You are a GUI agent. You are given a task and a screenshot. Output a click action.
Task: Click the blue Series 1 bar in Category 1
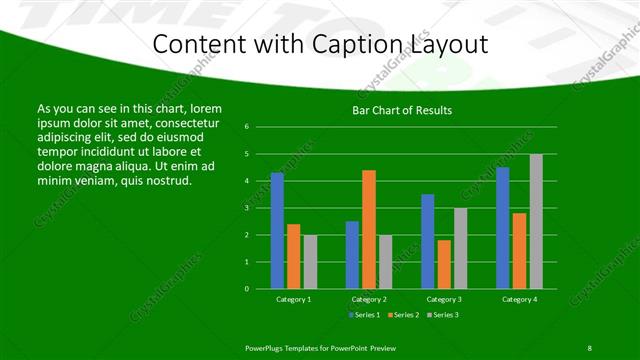click(x=277, y=231)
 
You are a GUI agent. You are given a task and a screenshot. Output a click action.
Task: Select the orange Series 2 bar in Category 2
click(x=369, y=229)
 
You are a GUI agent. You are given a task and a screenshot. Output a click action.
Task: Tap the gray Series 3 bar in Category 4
click(x=536, y=221)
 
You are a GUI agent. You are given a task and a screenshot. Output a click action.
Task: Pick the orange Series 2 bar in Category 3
click(x=444, y=264)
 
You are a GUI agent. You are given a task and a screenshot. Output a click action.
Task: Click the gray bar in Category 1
click(x=310, y=262)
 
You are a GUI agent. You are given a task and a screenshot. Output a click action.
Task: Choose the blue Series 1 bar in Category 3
click(x=427, y=241)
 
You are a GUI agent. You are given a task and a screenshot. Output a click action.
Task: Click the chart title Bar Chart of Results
click(x=402, y=110)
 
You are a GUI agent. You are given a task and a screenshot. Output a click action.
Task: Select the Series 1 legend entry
click(x=363, y=315)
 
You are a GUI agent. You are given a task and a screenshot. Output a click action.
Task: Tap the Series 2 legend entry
click(x=402, y=315)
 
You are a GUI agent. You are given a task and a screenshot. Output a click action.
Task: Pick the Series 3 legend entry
click(x=441, y=315)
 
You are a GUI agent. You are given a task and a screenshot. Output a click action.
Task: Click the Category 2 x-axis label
click(x=369, y=299)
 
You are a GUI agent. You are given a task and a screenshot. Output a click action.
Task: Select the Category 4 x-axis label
click(x=519, y=299)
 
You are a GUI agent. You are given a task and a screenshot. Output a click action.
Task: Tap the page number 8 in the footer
click(x=589, y=347)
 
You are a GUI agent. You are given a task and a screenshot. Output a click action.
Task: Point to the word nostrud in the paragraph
click(x=166, y=180)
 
